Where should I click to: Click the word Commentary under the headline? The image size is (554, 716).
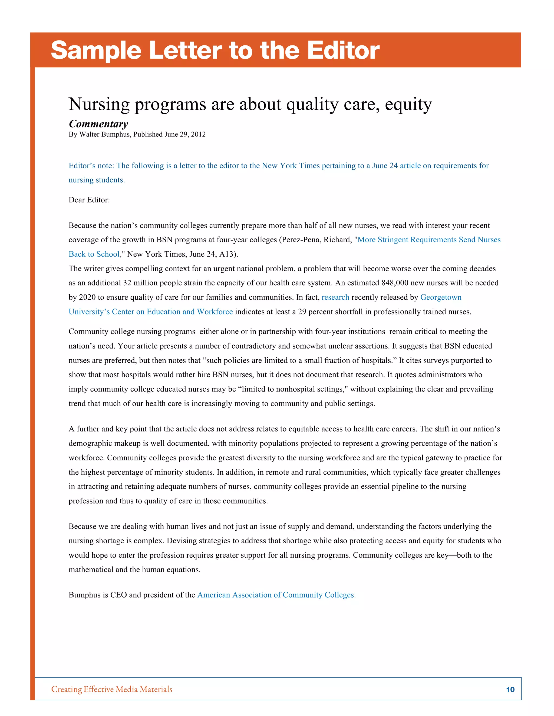(98, 124)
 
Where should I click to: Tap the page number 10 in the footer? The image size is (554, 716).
(510, 689)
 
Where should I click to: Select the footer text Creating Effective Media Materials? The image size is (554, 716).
(112, 689)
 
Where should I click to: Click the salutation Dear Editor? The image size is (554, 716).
(89, 200)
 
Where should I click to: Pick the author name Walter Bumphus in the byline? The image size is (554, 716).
(104, 134)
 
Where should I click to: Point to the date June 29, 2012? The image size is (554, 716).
(185, 134)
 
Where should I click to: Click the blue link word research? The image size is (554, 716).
(335, 297)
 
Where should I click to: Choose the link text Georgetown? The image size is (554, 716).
(440, 297)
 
